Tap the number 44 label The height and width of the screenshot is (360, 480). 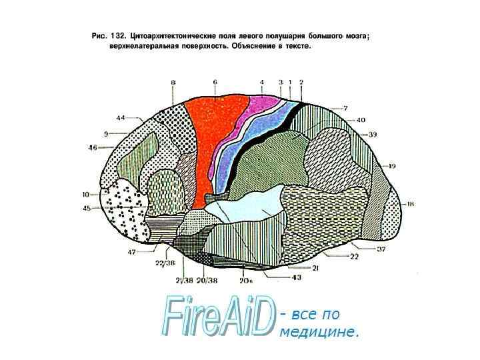[120, 118]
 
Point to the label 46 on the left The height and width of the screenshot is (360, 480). [93, 147]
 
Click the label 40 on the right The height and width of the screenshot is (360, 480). [361, 120]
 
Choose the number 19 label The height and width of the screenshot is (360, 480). [393, 165]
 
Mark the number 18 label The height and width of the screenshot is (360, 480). [411, 203]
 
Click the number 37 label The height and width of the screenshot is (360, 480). [381, 249]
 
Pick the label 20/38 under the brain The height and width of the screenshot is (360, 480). [208, 280]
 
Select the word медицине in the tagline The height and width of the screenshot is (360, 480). [319, 331]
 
